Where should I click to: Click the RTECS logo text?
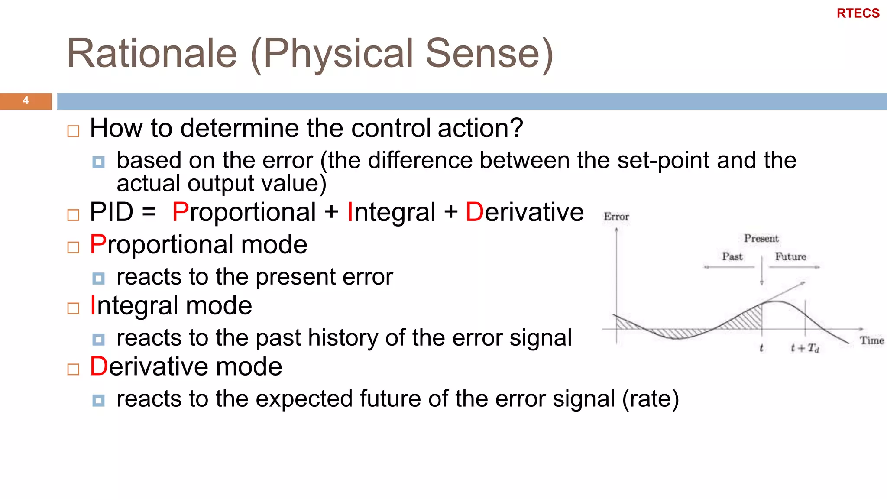[x=858, y=13]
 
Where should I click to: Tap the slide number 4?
[x=26, y=100]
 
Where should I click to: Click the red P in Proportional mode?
[x=97, y=244]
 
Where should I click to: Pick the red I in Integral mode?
[x=93, y=305]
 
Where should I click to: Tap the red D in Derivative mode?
[x=98, y=366]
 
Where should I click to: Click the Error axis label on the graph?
[x=616, y=217]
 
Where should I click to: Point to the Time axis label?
[x=871, y=340]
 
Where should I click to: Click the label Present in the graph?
[x=761, y=238]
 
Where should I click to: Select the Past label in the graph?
[x=732, y=256]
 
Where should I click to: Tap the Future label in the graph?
[x=790, y=256]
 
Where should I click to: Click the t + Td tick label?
[x=805, y=348]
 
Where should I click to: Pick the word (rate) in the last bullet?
[x=651, y=399]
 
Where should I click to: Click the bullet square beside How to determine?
[x=74, y=131]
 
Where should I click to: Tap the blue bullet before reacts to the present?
[x=99, y=278]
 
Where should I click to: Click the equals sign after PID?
[x=149, y=212]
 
